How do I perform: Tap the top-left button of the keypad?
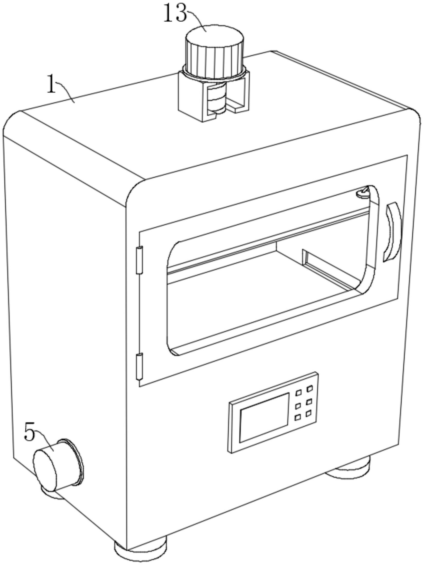point(298,393)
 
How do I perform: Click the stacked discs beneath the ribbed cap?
point(216,99)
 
